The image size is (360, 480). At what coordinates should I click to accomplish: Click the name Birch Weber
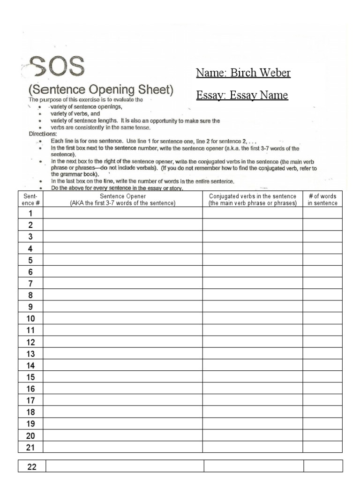pyautogui.click(x=243, y=73)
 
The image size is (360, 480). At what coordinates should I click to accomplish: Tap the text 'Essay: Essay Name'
pyautogui.click(x=242, y=96)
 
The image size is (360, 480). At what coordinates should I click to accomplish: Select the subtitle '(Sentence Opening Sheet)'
pyautogui.click(x=101, y=89)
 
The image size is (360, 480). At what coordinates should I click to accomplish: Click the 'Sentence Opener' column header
pyautogui.click(x=123, y=199)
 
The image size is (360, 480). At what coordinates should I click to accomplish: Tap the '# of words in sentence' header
pyautogui.click(x=322, y=199)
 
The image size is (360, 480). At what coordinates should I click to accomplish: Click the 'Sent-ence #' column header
pyautogui.click(x=30, y=199)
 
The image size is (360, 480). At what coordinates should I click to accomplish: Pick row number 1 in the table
pyautogui.click(x=30, y=214)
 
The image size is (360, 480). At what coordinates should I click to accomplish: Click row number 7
pyautogui.click(x=30, y=283)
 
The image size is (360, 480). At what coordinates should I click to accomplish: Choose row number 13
pyautogui.click(x=30, y=353)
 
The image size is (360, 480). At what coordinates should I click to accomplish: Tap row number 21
pyautogui.click(x=30, y=447)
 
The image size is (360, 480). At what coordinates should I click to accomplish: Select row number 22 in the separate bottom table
pyautogui.click(x=31, y=466)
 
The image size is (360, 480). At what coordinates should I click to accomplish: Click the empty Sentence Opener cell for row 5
pyautogui.click(x=123, y=260)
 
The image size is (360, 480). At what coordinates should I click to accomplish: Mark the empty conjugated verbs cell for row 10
pyautogui.click(x=253, y=318)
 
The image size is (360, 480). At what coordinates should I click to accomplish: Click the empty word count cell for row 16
pyautogui.click(x=322, y=389)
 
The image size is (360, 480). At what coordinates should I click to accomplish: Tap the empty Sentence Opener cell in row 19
pyautogui.click(x=123, y=423)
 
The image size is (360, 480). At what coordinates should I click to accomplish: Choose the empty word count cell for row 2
pyautogui.click(x=322, y=225)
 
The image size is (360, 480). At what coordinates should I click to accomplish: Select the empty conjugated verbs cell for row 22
pyautogui.click(x=253, y=466)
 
